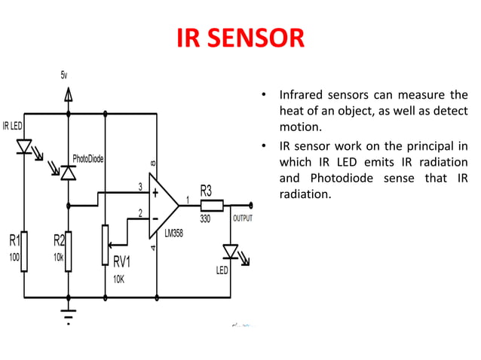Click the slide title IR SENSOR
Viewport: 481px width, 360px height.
pos(240,38)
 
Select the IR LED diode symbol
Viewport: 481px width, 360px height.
pos(24,145)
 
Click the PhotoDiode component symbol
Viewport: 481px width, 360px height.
pos(68,173)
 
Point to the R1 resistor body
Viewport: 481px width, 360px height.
pos(24,252)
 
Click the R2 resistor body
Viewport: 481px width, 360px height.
pos(68,252)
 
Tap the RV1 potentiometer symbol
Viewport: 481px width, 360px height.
pos(105,243)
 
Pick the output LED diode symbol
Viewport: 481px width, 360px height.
pos(230,250)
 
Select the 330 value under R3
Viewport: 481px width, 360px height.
pos(204,219)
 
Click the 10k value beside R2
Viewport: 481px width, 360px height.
pos(58,257)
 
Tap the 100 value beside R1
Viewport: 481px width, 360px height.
pos(13,257)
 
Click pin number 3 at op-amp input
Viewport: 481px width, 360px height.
pos(139,186)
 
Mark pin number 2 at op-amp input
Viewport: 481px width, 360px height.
pos(139,213)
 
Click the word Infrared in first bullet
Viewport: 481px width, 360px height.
pos(303,96)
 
